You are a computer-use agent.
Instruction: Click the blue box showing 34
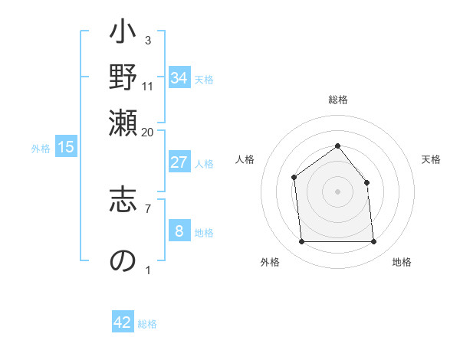tap(179, 78)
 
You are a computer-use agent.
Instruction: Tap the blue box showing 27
tap(179, 162)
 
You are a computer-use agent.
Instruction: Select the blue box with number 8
tap(179, 231)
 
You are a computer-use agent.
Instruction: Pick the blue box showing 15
tap(65, 148)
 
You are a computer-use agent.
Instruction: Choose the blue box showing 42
tap(123, 323)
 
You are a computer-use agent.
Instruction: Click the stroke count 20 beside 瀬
tap(147, 132)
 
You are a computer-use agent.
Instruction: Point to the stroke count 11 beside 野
tap(147, 86)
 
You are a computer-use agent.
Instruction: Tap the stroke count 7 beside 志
tap(147, 208)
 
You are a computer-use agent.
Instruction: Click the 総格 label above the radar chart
tap(337, 100)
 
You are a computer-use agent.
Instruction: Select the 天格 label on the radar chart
tap(432, 159)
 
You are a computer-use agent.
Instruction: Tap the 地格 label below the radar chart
tap(402, 262)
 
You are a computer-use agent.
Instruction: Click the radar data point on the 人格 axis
tap(294, 178)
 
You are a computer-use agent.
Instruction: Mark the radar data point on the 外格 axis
tap(301, 242)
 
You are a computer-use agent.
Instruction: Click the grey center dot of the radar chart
tap(337, 191)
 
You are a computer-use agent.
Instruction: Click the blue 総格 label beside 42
tap(147, 324)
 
